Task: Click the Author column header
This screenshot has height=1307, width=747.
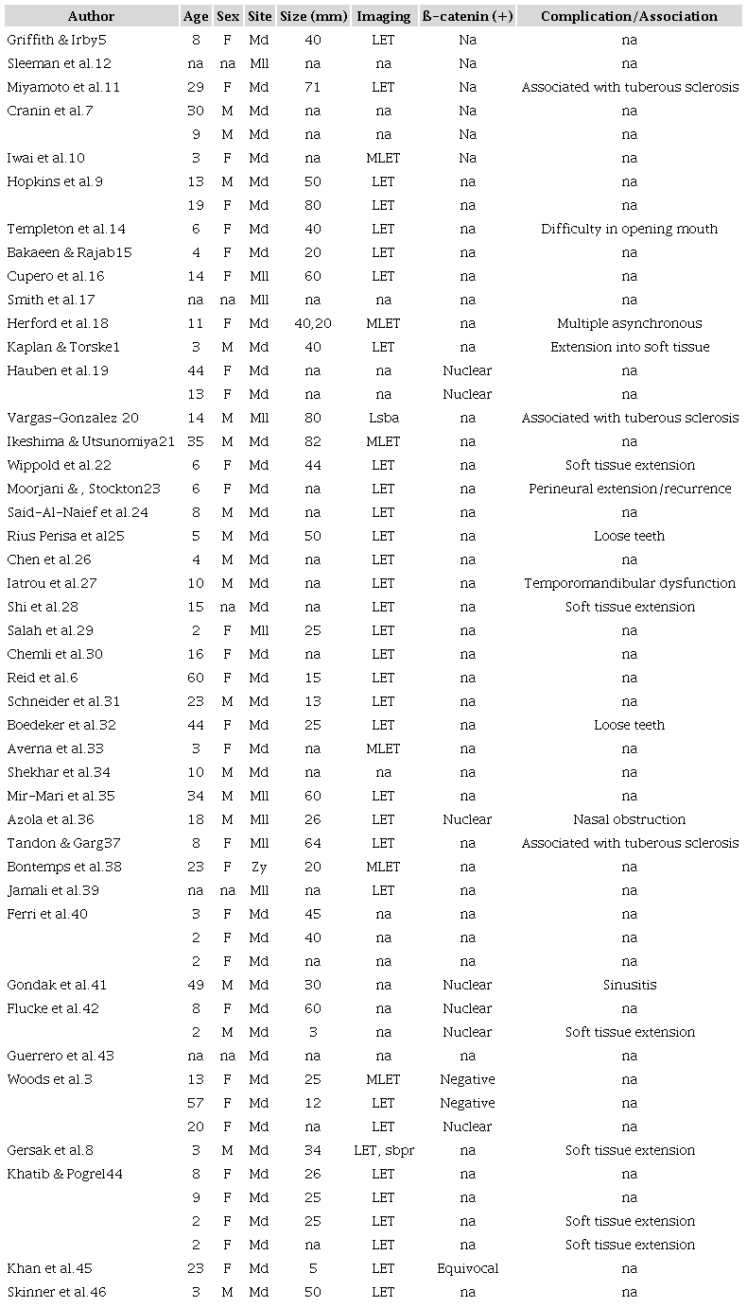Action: [x=91, y=16]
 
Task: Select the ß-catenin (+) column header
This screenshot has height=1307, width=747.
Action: [x=467, y=16]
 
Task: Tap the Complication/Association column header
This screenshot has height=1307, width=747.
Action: [x=630, y=16]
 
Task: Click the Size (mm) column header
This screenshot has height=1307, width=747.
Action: [x=313, y=16]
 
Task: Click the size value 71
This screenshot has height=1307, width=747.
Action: [x=313, y=87]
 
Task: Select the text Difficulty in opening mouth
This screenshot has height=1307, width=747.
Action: [x=630, y=229]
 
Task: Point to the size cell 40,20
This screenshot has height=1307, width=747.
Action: [x=313, y=323]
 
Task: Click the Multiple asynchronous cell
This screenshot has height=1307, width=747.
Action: [x=630, y=323]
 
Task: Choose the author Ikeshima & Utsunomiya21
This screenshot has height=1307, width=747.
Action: [x=91, y=441]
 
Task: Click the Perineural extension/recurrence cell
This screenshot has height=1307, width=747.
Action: [x=630, y=489]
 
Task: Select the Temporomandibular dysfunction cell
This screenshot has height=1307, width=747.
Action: [x=630, y=583]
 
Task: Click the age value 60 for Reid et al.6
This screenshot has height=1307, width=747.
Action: [x=195, y=678]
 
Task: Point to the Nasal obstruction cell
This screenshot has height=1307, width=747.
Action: [x=630, y=819]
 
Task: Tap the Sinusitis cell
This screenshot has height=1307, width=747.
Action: [x=630, y=985]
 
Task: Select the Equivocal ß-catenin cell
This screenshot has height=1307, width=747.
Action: [x=467, y=1268]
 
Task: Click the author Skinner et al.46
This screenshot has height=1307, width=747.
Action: [x=63, y=1292]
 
